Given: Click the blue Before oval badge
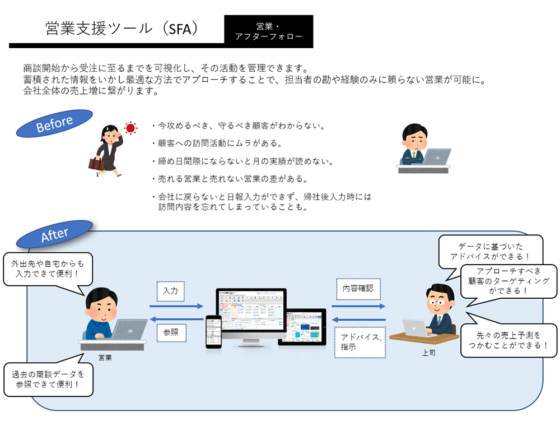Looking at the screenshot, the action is [x=54, y=123].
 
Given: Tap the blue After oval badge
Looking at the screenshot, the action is [x=54, y=234].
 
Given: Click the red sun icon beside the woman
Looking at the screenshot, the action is [x=130, y=128].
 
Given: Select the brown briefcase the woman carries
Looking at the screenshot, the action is [x=96, y=163].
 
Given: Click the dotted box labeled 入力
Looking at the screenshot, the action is [x=171, y=291].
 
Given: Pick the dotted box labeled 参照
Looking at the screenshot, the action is [x=171, y=332].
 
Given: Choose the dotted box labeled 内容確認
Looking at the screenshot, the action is [x=358, y=289].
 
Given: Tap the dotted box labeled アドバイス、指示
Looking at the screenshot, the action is [x=360, y=342].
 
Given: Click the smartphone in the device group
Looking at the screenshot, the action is [x=213, y=331].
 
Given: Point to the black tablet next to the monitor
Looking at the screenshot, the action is [x=302, y=327].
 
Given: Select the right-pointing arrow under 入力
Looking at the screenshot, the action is [x=176, y=306].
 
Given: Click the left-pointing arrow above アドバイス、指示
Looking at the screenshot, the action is [x=358, y=320].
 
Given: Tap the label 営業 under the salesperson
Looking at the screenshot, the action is [x=105, y=358].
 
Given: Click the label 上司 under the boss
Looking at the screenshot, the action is [x=428, y=353].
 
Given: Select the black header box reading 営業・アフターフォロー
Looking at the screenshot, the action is [x=269, y=31].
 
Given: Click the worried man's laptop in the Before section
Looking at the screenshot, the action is [x=437, y=156].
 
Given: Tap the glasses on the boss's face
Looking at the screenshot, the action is [x=436, y=303].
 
